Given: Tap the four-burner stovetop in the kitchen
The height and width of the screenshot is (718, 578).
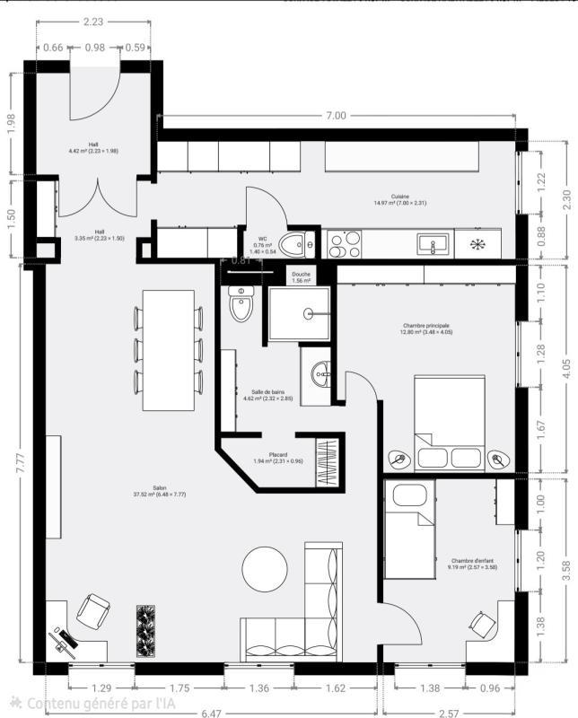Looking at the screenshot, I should pyautogui.click(x=343, y=244).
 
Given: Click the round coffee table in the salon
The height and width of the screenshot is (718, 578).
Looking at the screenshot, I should pyautogui.click(x=266, y=569).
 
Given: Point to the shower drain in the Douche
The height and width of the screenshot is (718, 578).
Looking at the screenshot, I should pyautogui.click(x=309, y=313).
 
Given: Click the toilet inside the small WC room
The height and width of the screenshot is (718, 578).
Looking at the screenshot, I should pyautogui.click(x=295, y=242).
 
